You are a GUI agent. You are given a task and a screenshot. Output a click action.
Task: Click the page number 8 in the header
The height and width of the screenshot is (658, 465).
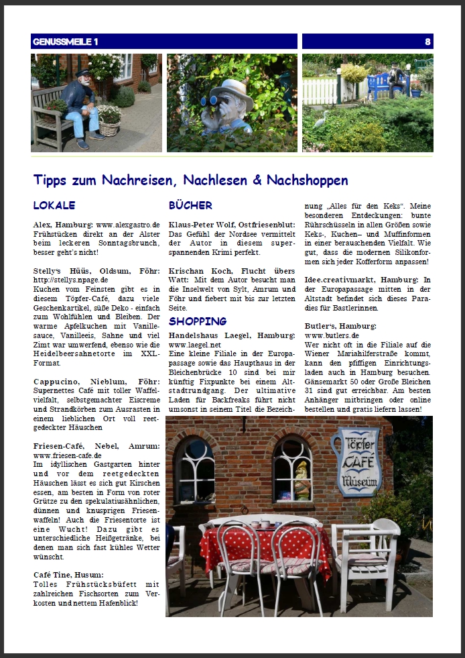coord(427,42)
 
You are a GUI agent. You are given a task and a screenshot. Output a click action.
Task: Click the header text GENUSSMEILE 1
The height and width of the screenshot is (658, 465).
coord(65,42)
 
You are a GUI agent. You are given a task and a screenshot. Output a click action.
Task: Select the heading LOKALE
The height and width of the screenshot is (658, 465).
coord(54,205)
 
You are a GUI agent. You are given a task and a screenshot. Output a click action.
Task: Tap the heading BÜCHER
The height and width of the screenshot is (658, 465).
coord(190,205)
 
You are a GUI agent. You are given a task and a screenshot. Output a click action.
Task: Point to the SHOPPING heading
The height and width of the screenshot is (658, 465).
coord(198,321)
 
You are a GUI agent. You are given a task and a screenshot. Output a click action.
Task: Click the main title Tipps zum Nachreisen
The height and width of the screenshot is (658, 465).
coord(190,180)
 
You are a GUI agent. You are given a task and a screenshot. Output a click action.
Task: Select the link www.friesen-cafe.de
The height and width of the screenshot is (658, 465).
coord(68,455)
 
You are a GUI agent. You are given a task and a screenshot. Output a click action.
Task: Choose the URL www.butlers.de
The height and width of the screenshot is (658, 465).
coord(332,335)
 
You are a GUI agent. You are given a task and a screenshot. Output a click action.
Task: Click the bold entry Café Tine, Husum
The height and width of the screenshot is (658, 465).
coord(68,575)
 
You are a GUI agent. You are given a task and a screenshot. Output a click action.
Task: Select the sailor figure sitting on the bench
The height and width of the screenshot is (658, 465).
coord(83,107)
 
